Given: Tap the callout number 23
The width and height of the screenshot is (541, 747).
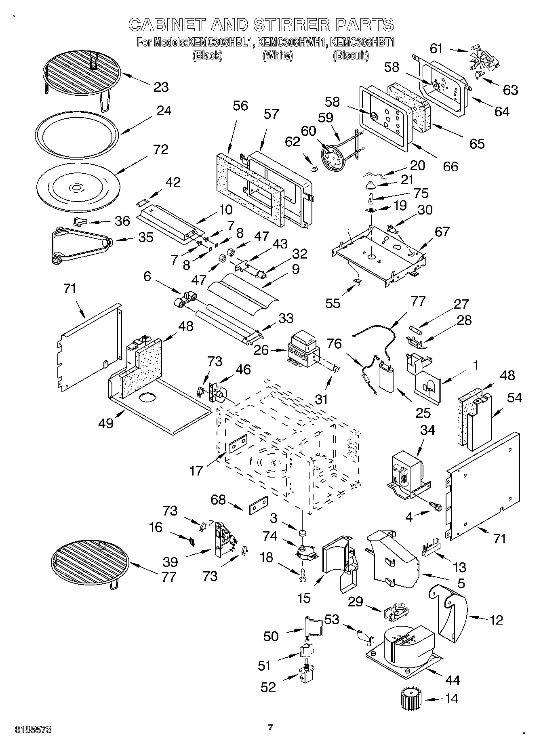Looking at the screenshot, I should pyautogui.click(x=161, y=87).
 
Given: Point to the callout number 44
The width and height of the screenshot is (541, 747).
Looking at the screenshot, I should pyautogui.click(x=452, y=680).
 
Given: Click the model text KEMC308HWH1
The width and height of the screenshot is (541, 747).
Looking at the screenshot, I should pyautogui.click(x=291, y=42).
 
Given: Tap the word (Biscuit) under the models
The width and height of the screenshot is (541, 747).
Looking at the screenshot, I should pyautogui.click(x=351, y=55).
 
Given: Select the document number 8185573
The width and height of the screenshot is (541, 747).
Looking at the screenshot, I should pyautogui.click(x=33, y=730).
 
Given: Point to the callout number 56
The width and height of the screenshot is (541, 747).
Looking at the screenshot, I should pyautogui.click(x=240, y=106).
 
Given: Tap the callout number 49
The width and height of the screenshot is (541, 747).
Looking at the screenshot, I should pyautogui.click(x=106, y=424).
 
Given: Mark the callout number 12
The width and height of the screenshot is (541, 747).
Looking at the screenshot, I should pyautogui.click(x=496, y=620).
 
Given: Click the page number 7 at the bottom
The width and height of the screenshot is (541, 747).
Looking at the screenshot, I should pyautogui.click(x=270, y=728).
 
